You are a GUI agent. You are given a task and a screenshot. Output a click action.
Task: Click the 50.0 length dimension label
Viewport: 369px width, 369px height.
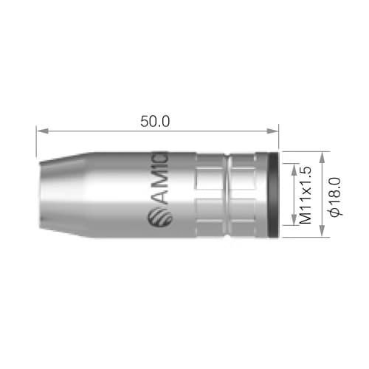[155, 122]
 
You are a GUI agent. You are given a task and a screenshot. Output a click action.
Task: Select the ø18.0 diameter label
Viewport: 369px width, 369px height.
[335, 197]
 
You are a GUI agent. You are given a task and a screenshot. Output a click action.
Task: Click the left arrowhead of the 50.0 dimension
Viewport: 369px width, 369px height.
[42, 131]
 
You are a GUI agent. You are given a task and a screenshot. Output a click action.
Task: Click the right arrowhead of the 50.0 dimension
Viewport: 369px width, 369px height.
[273, 131]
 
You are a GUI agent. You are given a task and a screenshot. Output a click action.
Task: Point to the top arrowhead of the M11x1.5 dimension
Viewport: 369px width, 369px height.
[294, 169]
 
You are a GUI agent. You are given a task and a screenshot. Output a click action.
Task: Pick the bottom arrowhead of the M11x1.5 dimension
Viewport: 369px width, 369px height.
[294, 219]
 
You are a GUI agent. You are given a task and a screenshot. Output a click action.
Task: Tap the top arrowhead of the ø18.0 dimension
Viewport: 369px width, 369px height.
[322, 158]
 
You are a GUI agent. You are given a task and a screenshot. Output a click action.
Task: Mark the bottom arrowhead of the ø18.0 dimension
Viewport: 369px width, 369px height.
[322, 232]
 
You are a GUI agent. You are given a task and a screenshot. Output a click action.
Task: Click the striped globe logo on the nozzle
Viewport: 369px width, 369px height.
[160, 217]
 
